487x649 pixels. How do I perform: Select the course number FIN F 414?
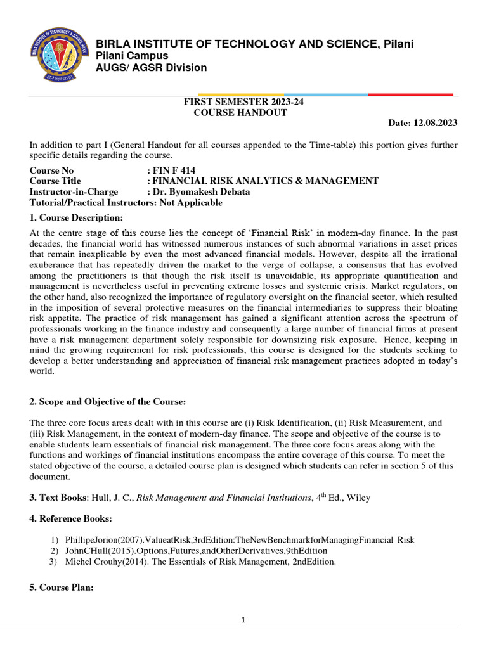point(174,171)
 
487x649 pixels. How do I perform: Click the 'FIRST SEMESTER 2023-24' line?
point(239,102)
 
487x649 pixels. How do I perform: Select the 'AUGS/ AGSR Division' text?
point(151,67)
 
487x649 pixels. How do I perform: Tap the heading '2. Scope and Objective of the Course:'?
point(108,401)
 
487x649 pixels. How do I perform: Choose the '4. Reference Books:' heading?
point(71,519)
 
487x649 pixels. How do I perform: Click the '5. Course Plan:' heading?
point(62,588)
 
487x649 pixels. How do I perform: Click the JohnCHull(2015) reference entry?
point(196,551)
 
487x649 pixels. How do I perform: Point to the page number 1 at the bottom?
point(243,620)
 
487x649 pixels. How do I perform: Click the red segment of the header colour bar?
point(410,94)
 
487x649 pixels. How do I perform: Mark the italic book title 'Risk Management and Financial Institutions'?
point(226,498)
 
